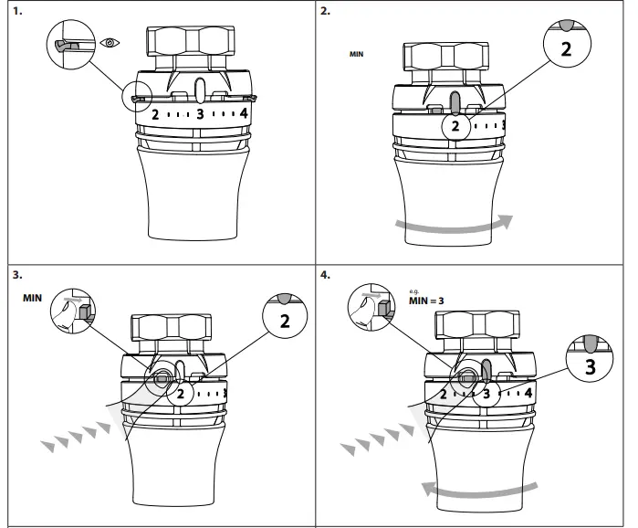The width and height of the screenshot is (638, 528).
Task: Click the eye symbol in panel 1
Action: (109, 43)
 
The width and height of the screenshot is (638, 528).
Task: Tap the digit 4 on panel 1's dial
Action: (243, 114)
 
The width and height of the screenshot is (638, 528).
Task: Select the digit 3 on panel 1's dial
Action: (199, 115)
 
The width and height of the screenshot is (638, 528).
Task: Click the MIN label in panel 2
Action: (357, 55)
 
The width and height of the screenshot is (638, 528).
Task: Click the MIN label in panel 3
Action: (33, 298)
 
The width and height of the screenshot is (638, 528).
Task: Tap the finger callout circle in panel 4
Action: (374, 311)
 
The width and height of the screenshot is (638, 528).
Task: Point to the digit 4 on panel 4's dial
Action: (528, 393)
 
